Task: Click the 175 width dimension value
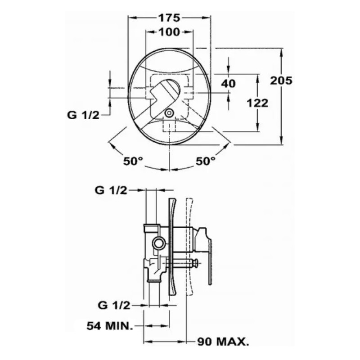(169, 18)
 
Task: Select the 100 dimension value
(169, 32)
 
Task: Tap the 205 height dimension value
(282, 81)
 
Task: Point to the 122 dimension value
(258, 103)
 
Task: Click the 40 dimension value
(229, 84)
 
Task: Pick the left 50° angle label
(133, 161)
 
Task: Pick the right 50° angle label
(206, 161)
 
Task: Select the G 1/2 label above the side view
(111, 190)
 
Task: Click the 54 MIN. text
(110, 325)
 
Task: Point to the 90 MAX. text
(223, 342)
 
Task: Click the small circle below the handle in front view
(170, 113)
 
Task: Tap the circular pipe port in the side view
(158, 244)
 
